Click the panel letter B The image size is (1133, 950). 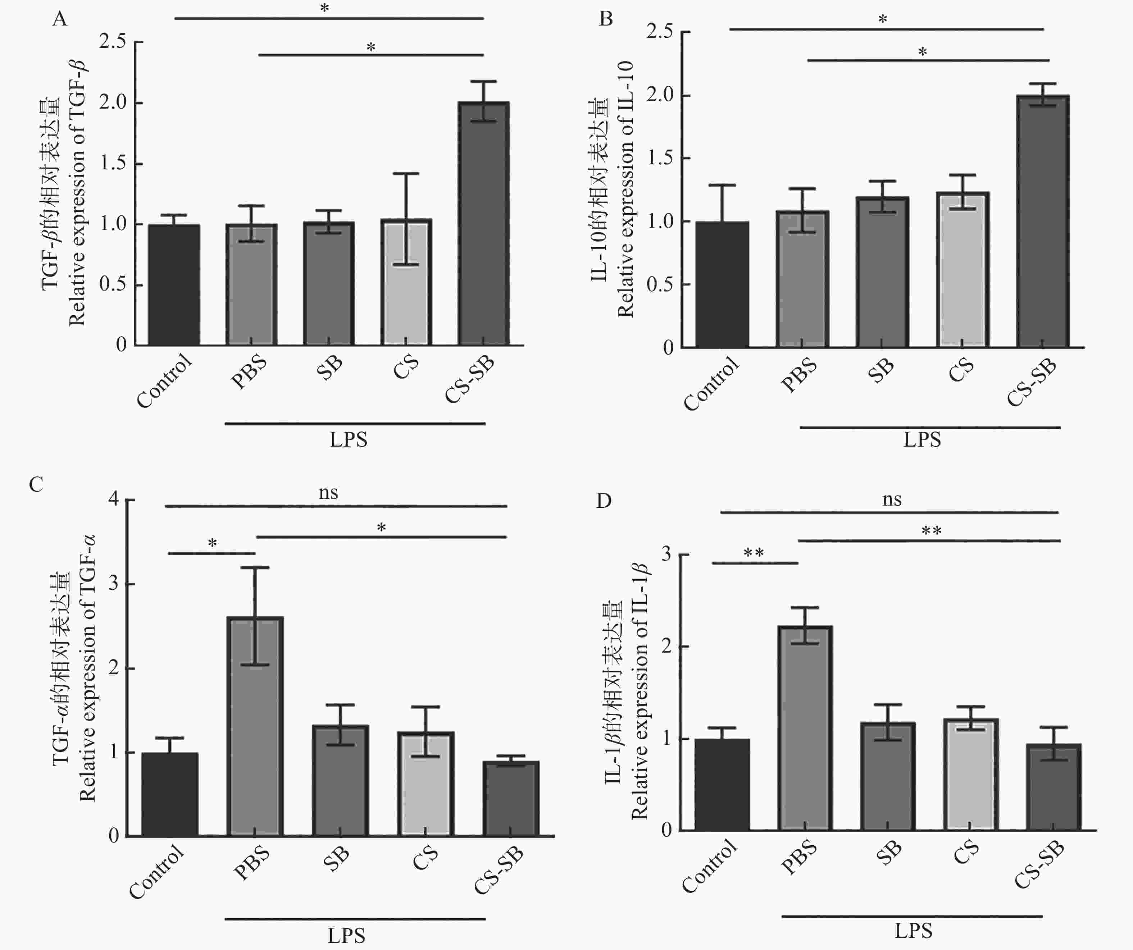pos(606,19)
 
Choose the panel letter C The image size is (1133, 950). pos(36,484)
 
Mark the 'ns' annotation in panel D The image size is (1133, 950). pos(891,499)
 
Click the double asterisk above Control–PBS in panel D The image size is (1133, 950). pos(753,553)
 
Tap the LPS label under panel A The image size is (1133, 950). pos(349,440)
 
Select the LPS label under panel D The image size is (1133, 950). pos(913,931)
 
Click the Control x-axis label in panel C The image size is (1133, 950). pos(157,871)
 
